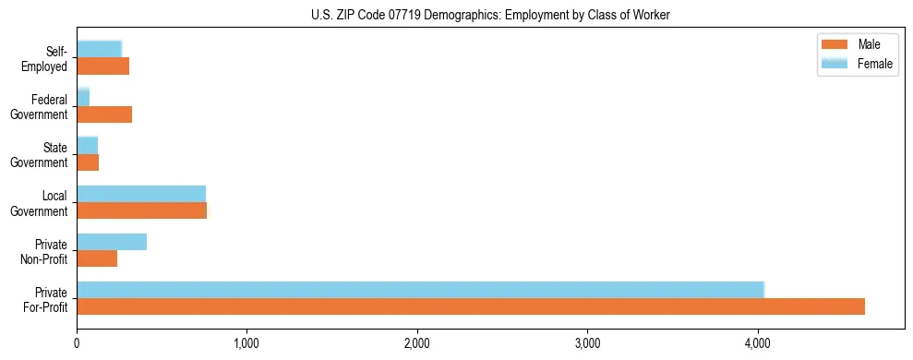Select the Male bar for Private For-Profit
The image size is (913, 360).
click(471, 306)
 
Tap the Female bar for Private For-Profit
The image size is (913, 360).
click(420, 290)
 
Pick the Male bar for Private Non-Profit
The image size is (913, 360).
click(97, 258)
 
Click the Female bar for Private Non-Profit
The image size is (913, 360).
click(112, 242)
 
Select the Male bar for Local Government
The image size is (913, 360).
click(141, 210)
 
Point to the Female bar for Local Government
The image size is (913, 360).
click(141, 194)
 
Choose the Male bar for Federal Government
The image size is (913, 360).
click(104, 114)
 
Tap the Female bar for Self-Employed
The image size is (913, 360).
click(99, 49)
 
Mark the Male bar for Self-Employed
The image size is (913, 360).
click(102, 66)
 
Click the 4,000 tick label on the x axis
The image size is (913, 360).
click(757, 343)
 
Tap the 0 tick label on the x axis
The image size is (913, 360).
click(77, 343)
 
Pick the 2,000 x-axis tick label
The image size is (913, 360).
click(417, 343)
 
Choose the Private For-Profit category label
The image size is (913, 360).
click(46, 298)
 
